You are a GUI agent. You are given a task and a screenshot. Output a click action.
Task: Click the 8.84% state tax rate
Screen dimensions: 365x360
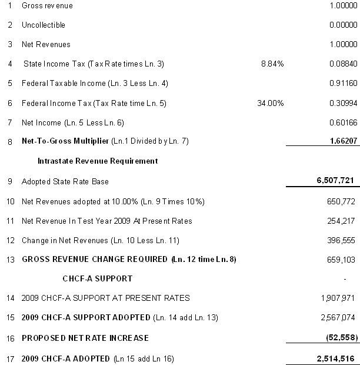pos(272,64)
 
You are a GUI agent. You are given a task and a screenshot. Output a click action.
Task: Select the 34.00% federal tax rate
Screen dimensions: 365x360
pos(271,103)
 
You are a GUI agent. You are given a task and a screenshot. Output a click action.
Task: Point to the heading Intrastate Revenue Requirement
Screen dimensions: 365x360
pos(98,161)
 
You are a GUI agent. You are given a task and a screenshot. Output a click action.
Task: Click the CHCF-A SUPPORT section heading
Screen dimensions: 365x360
pos(98,278)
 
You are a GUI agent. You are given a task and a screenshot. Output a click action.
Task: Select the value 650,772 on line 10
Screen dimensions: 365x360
pos(342,201)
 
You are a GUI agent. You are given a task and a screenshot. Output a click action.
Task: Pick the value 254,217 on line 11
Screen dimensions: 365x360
pos(342,221)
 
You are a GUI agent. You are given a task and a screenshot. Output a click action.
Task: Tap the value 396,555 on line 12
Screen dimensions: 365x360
pos(342,240)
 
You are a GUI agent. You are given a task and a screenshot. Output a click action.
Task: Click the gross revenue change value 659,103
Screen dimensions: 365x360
pos(342,260)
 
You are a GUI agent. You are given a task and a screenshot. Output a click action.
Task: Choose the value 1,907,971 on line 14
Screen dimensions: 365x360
pos(338,298)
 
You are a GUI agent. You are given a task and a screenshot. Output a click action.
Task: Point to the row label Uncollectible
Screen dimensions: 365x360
pos(44,25)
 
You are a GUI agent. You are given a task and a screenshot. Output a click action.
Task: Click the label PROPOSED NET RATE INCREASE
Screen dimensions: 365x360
pos(85,338)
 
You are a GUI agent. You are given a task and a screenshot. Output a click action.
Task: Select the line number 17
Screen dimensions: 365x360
pos(10,359)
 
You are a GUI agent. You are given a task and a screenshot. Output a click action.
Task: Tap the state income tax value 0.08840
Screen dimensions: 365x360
pos(344,64)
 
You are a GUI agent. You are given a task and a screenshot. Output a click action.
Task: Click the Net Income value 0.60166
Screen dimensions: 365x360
pos(344,122)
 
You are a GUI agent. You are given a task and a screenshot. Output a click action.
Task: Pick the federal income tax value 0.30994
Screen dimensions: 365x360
pos(344,103)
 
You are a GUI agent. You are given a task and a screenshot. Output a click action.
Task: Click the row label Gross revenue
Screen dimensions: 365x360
pos(47,5)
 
